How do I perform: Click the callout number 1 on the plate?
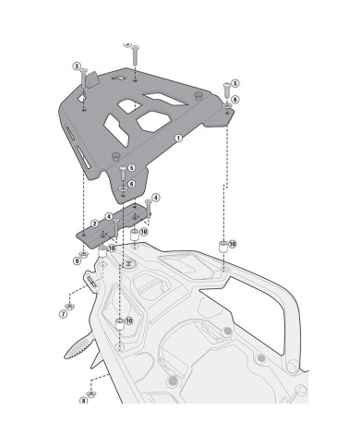tap(177, 138)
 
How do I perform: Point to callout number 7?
tap(63, 314)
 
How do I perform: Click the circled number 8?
tap(83, 401)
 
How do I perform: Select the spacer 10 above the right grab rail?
tap(222, 246)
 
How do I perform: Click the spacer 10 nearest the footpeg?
tap(119, 323)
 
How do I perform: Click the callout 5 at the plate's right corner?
tap(234, 84)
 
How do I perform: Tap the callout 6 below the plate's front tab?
tap(132, 184)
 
